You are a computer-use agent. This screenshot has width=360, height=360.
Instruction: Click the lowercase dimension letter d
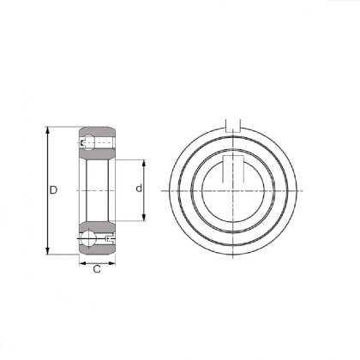[x=137, y=189]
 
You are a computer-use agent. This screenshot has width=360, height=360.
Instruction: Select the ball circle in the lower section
[x=90, y=237]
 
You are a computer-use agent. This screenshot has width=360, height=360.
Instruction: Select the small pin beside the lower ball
[x=107, y=237]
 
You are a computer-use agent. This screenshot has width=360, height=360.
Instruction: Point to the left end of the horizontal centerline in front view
[x=159, y=189]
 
